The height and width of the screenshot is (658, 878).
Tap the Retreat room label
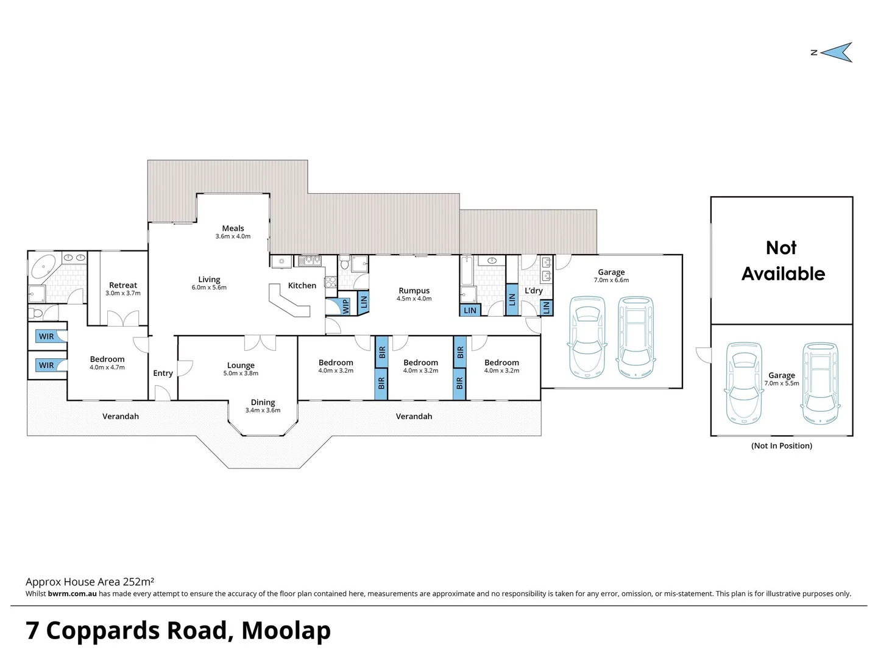[x=123, y=285]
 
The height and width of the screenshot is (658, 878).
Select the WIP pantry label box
[x=345, y=306]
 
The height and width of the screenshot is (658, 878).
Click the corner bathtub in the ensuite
[x=43, y=267]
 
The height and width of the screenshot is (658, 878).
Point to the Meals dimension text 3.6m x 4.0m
[x=233, y=236]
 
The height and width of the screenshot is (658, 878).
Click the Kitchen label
[x=302, y=285]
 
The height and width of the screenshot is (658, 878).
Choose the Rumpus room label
[x=414, y=291]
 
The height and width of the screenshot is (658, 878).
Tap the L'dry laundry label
[x=533, y=291]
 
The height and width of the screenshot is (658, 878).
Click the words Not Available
[x=782, y=261]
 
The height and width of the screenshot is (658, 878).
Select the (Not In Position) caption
[x=782, y=446]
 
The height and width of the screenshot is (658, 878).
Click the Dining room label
[x=263, y=402]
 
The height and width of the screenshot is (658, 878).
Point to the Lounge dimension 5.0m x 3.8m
[x=241, y=373]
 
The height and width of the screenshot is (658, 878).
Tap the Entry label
[x=163, y=373]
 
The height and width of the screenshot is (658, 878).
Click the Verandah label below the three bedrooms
[x=414, y=416]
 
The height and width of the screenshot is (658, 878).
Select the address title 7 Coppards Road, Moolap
[x=178, y=631]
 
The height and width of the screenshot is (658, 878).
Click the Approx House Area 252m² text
[x=90, y=582]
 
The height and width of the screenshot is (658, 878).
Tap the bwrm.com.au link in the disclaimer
[x=72, y=594]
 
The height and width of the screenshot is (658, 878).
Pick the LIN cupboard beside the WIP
[x=364, y=301]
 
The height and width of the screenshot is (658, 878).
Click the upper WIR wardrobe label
[x=47, y=336]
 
